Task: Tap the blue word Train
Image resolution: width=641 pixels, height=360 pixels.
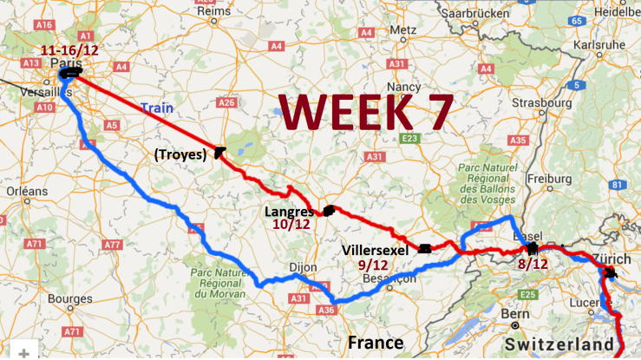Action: click(155, 108)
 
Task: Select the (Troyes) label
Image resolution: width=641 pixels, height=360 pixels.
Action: click(179, 155)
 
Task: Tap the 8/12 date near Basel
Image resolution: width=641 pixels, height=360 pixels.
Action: click(532, 264)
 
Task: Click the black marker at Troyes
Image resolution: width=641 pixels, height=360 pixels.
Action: click(220, 151)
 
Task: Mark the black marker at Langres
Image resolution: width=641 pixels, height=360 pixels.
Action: click(329, 210)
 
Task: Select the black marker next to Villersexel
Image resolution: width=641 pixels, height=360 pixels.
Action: click(424, 249)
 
